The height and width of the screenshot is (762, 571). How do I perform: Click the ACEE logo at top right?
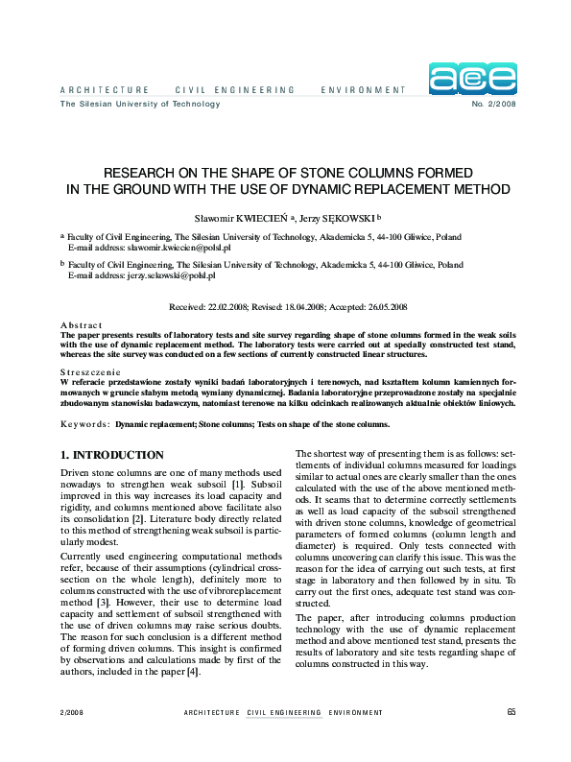point(472,79)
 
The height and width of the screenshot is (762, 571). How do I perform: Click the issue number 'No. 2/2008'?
point(494,104)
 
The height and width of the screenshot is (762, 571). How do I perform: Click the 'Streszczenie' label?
point(90,371)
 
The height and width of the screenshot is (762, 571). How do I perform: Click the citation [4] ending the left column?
point(193,672)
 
